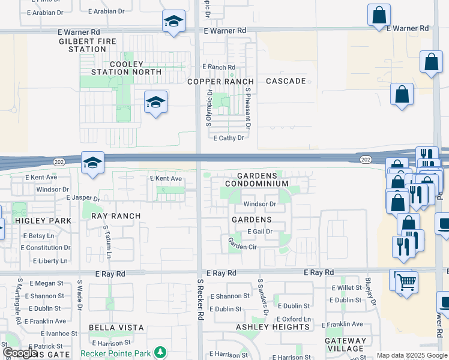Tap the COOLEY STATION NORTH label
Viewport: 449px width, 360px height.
(x=125, y=68)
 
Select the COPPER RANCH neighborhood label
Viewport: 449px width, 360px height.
(x=220, y=81)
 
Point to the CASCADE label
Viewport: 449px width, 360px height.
(x=286, y=81)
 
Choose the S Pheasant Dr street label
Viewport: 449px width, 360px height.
(x=247, y=108)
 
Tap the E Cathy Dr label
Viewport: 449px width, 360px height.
(x=229, y=137)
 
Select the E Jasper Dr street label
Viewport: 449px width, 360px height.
(x=83, y=197)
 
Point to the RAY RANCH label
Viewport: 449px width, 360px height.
(x=115, y=216)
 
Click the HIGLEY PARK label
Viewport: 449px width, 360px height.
(x=35, y=221)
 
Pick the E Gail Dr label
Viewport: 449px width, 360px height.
(x=260, y=232)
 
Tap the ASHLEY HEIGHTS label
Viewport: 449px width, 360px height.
(x=273, y=327)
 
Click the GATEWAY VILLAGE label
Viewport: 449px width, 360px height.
(x=345, y=344)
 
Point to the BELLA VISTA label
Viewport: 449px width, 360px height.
(x=116, y=328)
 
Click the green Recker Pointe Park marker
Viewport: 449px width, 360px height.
(x=160, y=351)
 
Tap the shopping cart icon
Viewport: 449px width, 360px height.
(x=407, y=281)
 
